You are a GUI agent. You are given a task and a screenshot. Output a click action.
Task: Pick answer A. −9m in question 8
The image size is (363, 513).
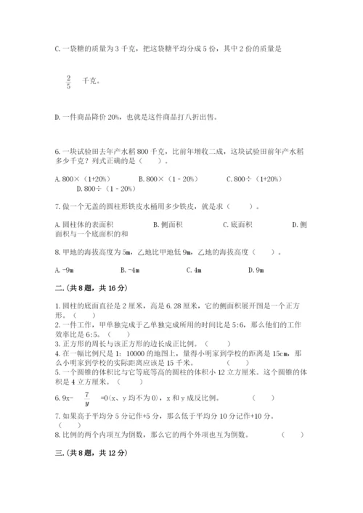coord(65,270)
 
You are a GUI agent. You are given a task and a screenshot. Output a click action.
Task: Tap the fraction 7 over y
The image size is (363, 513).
coord(85,398)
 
